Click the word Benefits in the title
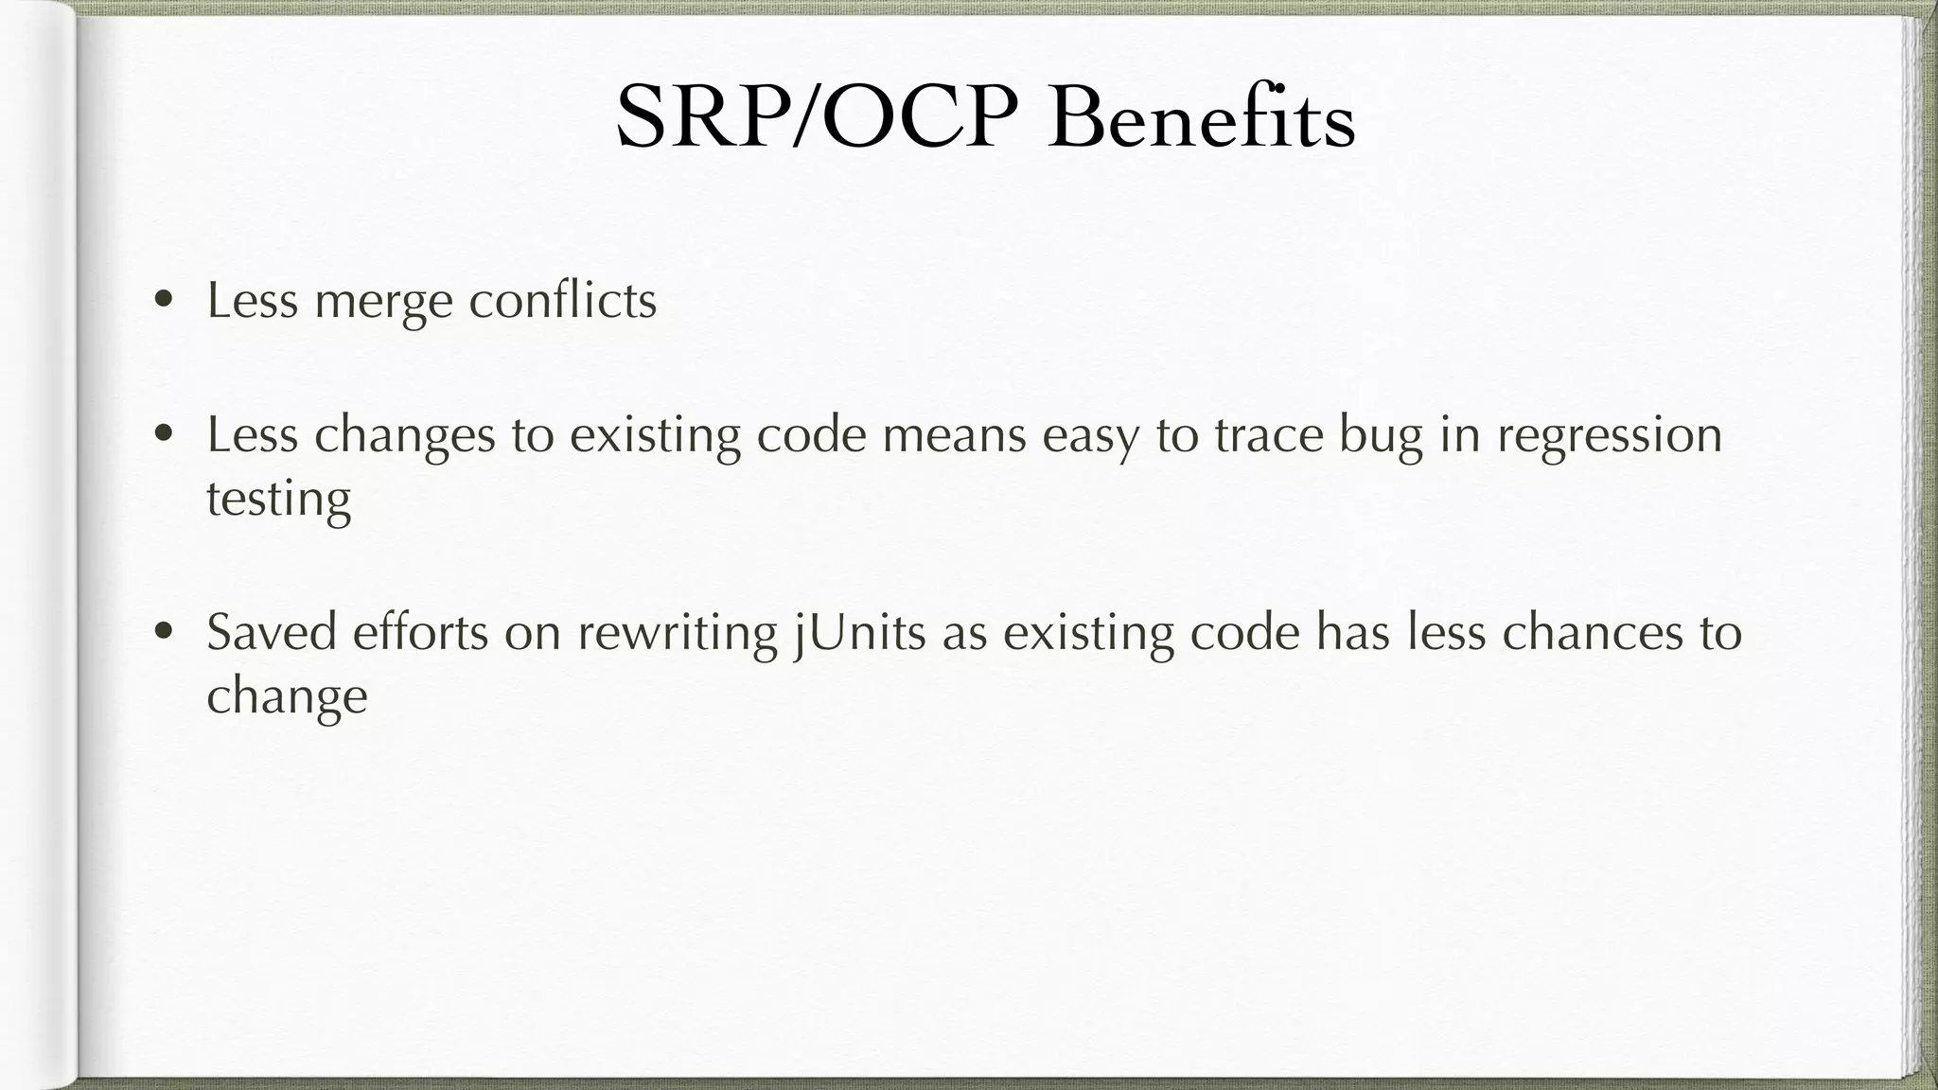click(1202, 118)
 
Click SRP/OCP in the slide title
click(817, 118)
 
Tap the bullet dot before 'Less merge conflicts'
click(165, 301)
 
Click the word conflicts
click(562, 301)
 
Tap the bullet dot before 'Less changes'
click(165, 434)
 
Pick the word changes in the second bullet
click(404, 437)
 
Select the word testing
click(278, 500)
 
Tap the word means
click(954, 437)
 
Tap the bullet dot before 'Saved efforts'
click(165, 631)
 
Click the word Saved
click(272, 632)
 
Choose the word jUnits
click(859, 634)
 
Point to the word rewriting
click(677, 634)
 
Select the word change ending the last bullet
click(287, 698)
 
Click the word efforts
click(420, 632)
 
